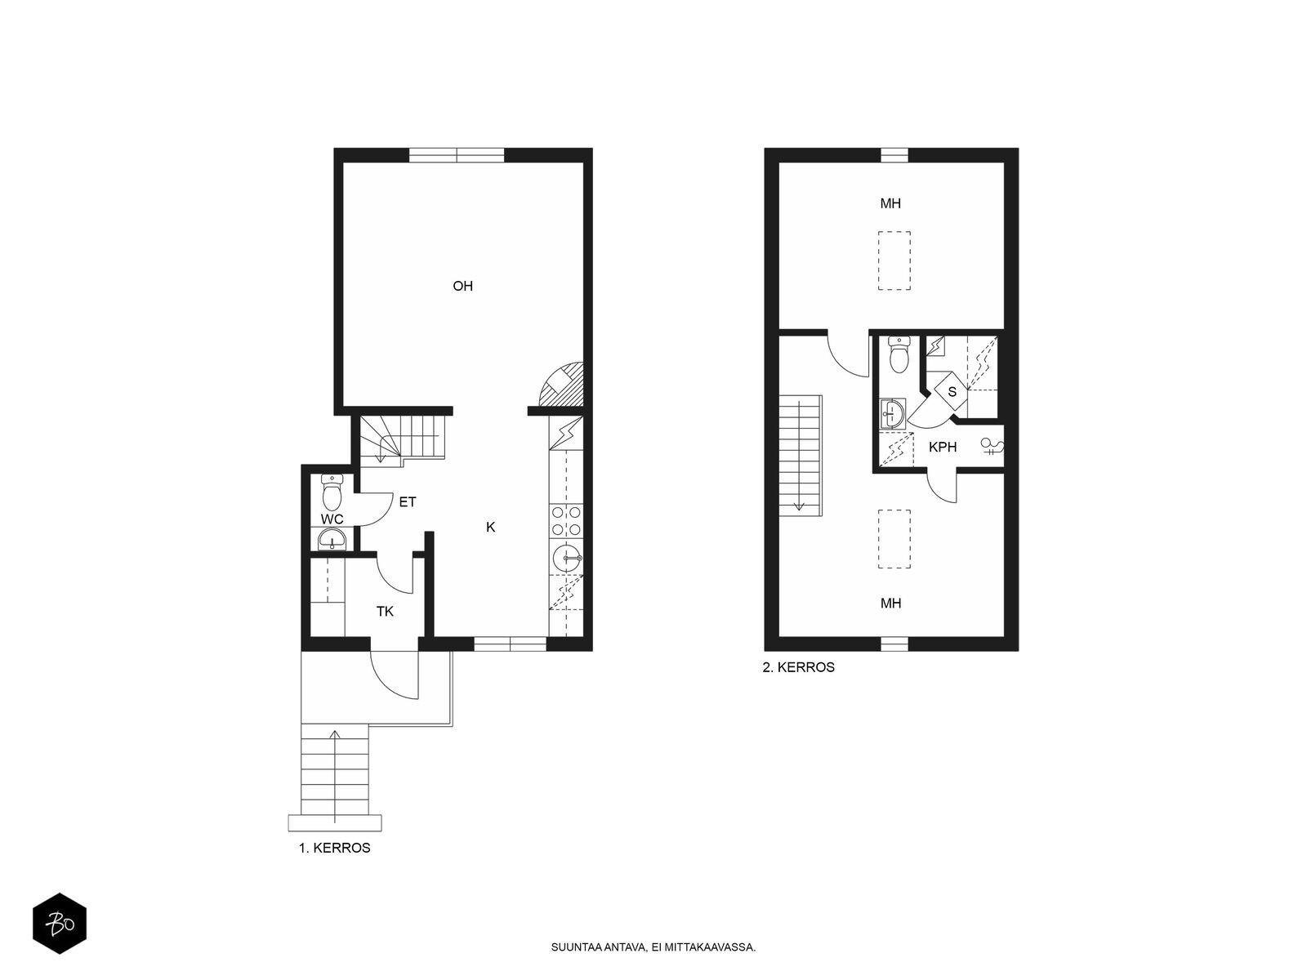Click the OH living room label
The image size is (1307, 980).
[462, 286]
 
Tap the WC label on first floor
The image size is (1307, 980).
[332, 519]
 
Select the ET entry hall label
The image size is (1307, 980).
[408, 502]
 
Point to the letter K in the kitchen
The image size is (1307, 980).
[491, 528]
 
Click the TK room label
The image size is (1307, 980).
[386, 612]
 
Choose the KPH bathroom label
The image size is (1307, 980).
[943, 447]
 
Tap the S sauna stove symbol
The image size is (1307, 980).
[951, 391]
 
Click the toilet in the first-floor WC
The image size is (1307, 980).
[331, 492]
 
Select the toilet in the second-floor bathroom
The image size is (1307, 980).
[899, 354]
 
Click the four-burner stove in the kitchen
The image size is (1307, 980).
[565, 521]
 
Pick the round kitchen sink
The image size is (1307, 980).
[566, 558]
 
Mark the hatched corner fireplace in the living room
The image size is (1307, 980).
[561, 385]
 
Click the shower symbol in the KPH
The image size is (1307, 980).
[992, 446]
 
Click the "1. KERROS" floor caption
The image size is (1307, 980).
[335, 848]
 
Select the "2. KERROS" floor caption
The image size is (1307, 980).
[798, 667]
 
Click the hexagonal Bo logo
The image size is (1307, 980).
[60, 924]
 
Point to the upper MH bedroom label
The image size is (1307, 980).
[890, 203]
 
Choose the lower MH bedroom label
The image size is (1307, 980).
[890, 604]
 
